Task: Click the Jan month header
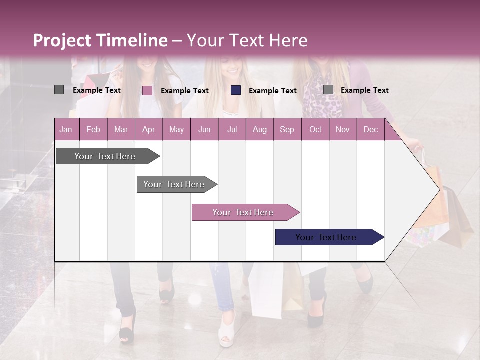(x=66, y=129)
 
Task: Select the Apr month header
(x=148, y=129)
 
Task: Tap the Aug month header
(x=259, y=129)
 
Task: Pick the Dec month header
(x=370, y=129)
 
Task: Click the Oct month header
(x=315, y=129)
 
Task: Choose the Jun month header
(x=204, y=129)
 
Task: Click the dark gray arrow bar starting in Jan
(x=105, y=156)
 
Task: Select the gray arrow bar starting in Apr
(x=174, y=184)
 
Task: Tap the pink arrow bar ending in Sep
(x=243, y=212)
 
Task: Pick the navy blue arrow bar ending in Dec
(x=326, y=237)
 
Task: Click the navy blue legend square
(x=236, y=90)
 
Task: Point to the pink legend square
(x=147, y=90)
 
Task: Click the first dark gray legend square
(x=59, y=90)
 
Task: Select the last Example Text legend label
(x=364, y=90)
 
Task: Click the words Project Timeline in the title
(x=100, y=40)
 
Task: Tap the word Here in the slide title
(x=288, y=40)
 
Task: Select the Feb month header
(x=93, y=129)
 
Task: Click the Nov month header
(x=342, y=129)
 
